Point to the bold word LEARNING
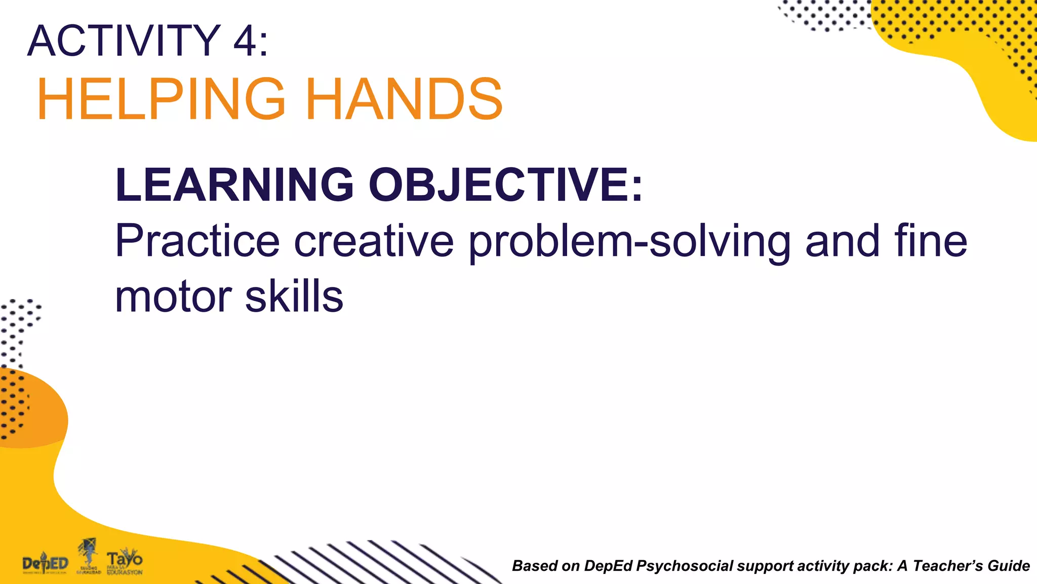tap(234, 185)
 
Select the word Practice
tap(197, 241)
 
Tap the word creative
tap(374, 241)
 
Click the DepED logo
tap(45, 563)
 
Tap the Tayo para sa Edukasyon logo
tap(125, 562)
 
